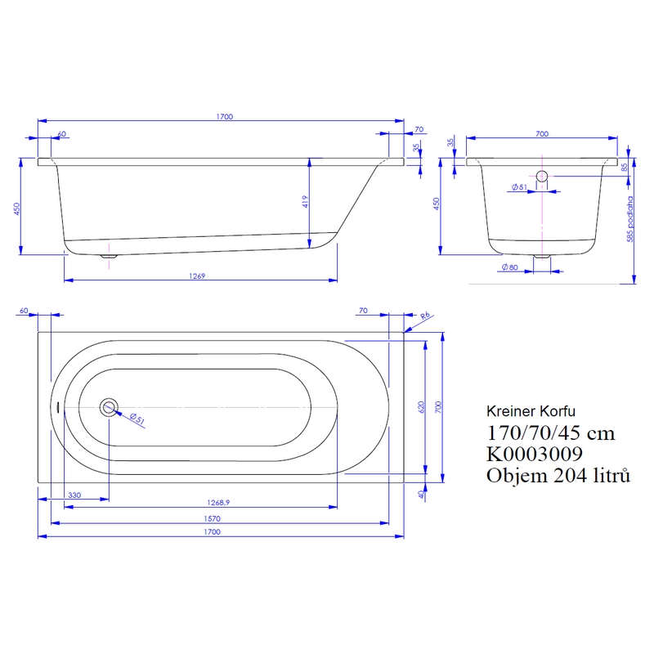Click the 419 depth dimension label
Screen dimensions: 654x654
point(305,202)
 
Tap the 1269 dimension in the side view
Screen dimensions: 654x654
point(197,275)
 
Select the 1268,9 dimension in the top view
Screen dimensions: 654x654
point(218,503)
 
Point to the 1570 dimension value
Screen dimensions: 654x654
point(212,518)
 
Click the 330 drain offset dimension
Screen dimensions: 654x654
point(74,495)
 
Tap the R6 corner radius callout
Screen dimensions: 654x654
point(425,316)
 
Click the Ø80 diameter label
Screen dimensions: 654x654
point(509,267)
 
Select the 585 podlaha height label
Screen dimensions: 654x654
point(629,219)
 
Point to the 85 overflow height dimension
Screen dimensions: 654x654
point(624,168)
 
